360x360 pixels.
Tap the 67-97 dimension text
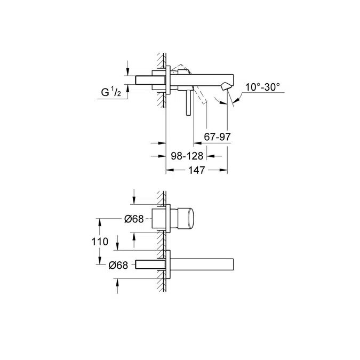218,138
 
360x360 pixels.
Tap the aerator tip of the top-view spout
227,86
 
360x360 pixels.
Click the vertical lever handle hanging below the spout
187,102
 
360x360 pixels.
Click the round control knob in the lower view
189,219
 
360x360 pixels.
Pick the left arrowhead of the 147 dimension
169,170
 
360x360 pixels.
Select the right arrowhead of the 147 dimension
225,170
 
